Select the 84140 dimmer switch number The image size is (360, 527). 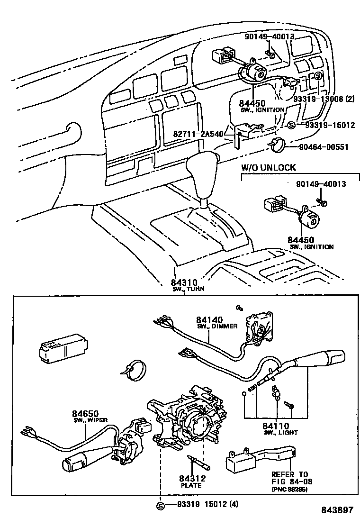[x=209, y=320]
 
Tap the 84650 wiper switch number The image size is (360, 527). [x=84, y=413]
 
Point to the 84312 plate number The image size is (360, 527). [x=191, y=479]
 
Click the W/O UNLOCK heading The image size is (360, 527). [x=268, y=167]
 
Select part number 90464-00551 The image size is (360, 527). [x=324, y=147]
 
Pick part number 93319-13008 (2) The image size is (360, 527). [x=324, y=99]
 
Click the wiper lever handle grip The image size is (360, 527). [x=81, y=459]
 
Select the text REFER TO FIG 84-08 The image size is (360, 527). [x=289, y=478]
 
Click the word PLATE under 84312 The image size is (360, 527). [x=191, y=485]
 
